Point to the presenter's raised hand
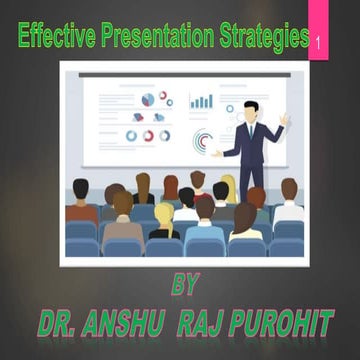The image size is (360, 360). (x=285, y=118)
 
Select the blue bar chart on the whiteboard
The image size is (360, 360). (x=201, y=101)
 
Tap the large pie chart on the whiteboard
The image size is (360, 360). (x=148, y=99)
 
